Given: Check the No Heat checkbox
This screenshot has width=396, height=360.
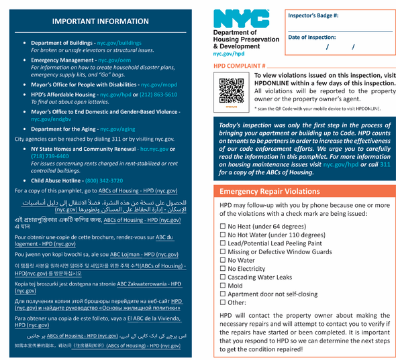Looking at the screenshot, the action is [x=223, y=226].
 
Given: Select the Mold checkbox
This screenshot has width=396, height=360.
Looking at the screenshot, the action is [x=223, y=285].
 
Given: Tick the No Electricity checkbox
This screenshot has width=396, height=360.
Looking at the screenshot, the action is [x=223, y=268].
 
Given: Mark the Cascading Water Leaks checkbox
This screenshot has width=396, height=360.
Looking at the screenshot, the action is [x=223, y=277].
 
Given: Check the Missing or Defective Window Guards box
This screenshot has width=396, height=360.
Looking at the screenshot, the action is [x=223, y=251].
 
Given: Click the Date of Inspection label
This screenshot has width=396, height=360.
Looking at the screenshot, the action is [x=311, y=37].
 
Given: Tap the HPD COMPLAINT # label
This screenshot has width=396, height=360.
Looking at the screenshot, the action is [x=240, y=66].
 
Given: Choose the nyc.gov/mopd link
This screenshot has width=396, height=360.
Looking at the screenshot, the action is [x=159, y=86].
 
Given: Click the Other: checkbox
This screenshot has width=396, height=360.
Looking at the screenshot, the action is [x=223, y=302].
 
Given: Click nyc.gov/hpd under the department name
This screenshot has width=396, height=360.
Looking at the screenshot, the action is [x=228, y=53].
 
